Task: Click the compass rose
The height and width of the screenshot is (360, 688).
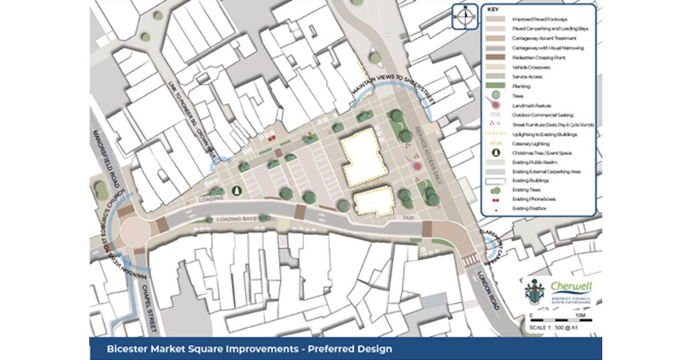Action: click(x=466, y=16)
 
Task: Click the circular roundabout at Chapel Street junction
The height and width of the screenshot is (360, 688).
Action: click(x=135, y=230)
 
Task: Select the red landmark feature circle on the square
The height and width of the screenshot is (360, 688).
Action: click(x=417, y=166)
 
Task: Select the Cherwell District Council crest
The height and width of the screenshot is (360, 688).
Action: click(x=533, y=292)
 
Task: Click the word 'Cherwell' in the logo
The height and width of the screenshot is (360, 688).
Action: click(x=571, y=286)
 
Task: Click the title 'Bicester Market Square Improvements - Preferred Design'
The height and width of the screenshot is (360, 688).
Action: click(x=249, y=349)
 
